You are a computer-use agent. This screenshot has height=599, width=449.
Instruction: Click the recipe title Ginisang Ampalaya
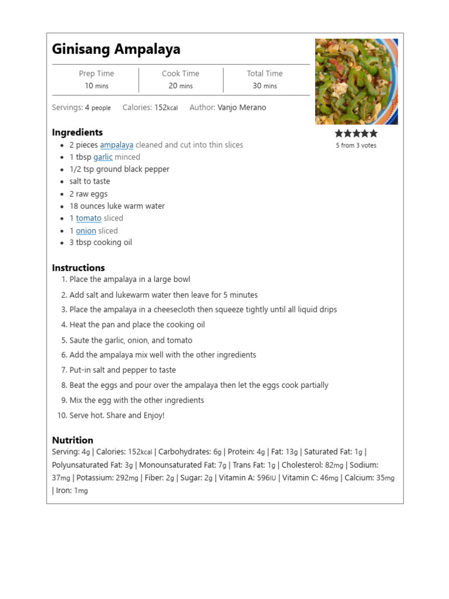pos(116,49)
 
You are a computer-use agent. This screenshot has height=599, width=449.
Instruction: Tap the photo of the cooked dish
pos(356,81)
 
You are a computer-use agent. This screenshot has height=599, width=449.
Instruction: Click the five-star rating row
pos(356,133)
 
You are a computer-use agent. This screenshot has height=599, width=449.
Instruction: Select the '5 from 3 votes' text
pos(356,146)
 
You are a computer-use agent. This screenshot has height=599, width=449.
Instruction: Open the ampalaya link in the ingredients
pos(116,145)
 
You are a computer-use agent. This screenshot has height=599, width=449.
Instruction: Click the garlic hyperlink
pos(103,157)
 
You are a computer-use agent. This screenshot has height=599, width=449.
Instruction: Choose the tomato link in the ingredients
pos(88,218)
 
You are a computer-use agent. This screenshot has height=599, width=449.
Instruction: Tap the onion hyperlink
pos(86,231)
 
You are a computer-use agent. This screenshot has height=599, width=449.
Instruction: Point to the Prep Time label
pos(96,74)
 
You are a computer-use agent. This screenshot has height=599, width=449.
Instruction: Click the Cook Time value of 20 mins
pos(181,86)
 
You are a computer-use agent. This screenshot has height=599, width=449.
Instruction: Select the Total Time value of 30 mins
pos(265,86)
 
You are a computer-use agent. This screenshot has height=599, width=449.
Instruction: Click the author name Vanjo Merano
pos(241,108)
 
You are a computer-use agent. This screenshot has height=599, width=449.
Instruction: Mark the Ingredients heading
pos(77,132)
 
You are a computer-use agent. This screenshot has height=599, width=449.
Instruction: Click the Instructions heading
pos(78,268)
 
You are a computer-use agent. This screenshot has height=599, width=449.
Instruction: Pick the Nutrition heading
pos(72,440)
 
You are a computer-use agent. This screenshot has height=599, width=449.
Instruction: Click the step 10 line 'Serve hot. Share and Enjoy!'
pos(117,415)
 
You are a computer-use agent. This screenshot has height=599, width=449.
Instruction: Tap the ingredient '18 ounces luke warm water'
pos(117,206)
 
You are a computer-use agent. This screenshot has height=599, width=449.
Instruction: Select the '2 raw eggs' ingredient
pos(88,194)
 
